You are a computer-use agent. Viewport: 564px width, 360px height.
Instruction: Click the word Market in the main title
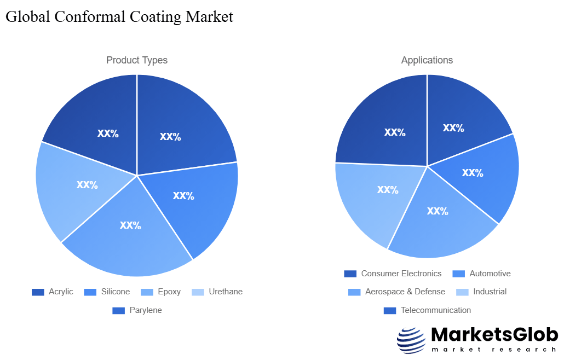tap(209, 16)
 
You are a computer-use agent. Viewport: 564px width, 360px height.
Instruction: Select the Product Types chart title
tap(137, 60)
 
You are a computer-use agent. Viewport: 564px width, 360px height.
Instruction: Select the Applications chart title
tap(427, 60)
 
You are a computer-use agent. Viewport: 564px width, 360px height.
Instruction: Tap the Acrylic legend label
tap(61, 292)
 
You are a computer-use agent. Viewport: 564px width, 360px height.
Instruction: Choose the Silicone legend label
tap(115, 292)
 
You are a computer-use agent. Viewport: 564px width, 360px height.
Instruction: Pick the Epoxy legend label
tap(169, 292)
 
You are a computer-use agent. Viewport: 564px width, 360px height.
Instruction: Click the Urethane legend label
tap(226, 292)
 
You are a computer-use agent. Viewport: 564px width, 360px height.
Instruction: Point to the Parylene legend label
tap(146, 310)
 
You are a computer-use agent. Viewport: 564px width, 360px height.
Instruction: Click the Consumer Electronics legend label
tap(401, 274)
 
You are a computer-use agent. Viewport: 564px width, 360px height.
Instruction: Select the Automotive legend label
tap(490, 274)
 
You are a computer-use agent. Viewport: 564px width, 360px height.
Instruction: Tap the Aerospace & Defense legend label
tap(405, 292)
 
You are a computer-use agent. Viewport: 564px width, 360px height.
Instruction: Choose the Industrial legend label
tap(490, 292)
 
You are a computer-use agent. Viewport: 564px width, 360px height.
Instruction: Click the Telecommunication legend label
tap(436, 310)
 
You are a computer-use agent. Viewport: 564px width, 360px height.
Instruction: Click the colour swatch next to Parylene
tap(119, 310)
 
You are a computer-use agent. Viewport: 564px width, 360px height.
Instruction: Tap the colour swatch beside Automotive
tap(459, 274)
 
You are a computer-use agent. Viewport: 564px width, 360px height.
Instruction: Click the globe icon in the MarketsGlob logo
tap(411, 340)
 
